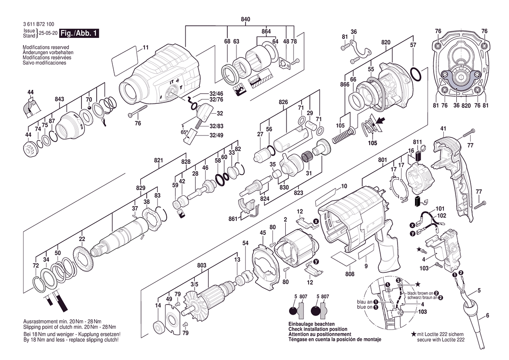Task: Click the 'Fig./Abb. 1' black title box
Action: tap(79, 33)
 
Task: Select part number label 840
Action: tap(246, 20)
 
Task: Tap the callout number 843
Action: tap(59, 99)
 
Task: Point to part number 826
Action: tap(283, 102)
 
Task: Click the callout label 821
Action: tap(158, 160)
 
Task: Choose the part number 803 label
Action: tap(202, 265)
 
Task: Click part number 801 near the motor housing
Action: tap(382, 160)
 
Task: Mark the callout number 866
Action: tap(345, 85)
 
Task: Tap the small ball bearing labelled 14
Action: tap(159, 326)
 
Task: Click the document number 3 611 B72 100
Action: tap(39, 24)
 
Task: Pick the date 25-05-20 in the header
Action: tap(48, 33)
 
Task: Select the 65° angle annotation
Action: tap(184, 132)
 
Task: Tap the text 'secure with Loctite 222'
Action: tap(441, 340)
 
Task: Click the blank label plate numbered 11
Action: tap(125, 61)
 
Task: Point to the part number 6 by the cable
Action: tap(487, 315)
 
